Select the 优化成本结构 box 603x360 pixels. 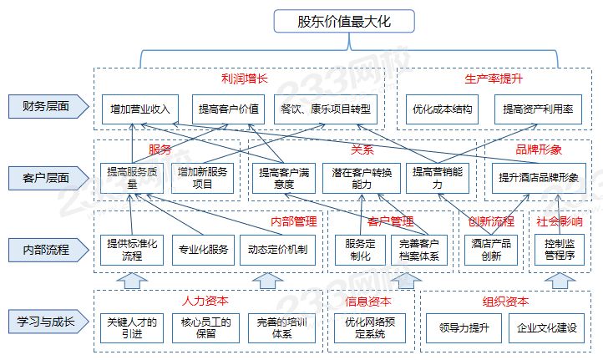pos(442,109)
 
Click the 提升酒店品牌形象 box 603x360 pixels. pos(540,177)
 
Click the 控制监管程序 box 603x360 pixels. pos(560,249)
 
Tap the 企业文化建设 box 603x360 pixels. pos(547,328)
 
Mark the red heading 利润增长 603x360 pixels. pos(243,79)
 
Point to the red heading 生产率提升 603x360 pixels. pos(493,79)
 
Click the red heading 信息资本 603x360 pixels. pos(368,302)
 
